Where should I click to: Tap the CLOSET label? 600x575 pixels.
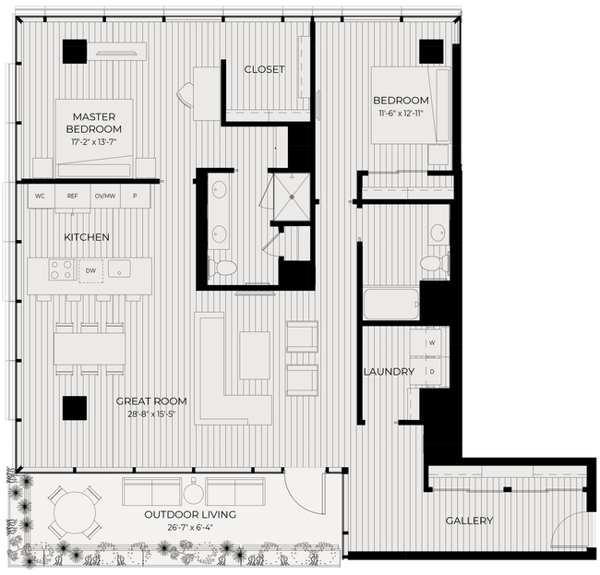[264, 69]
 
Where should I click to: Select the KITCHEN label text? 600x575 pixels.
[87, 237]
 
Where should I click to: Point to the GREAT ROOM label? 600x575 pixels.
[151, 401]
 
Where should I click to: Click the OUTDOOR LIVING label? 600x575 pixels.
[190, 514]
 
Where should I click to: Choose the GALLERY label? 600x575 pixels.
[469, 521]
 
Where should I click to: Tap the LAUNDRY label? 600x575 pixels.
[389, 371]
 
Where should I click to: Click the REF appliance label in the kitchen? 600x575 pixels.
[73, 196]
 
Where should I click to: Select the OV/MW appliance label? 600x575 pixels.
[104, 196]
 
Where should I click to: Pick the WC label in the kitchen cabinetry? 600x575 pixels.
[41, 196]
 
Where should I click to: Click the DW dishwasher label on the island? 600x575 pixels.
[90, 270]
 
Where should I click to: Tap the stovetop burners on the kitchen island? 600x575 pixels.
[61, 270]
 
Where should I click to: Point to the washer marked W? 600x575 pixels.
[431, 342]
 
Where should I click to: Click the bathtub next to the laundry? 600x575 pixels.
[390, 303]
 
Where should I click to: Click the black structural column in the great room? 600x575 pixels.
[74, 408]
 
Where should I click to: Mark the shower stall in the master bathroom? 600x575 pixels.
[288, 195]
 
